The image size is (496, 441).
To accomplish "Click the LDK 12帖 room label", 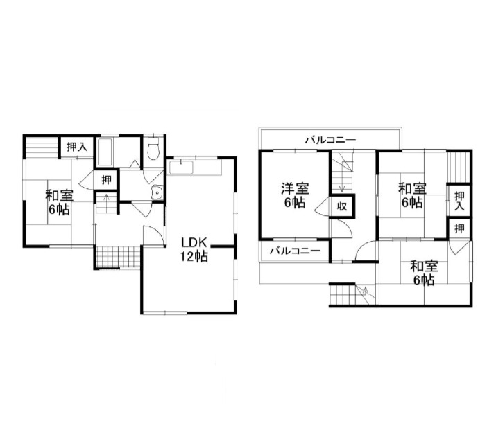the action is point(194,249).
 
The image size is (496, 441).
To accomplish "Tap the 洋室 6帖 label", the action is point(295,195).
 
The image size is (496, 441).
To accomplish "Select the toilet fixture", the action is point(154,148).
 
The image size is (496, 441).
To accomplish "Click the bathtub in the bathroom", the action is point(105,152).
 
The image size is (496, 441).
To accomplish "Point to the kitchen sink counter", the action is point(195,167).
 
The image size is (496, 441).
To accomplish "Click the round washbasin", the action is point(157,192).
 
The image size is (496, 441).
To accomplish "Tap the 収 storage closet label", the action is point(341,206).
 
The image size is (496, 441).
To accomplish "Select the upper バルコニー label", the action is point(331,140).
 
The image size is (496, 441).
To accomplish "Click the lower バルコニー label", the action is point(295,251).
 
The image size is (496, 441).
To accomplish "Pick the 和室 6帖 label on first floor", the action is point(59,202).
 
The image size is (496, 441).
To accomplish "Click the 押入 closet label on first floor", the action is point(77,147).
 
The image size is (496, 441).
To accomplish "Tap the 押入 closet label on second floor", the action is point(459,201).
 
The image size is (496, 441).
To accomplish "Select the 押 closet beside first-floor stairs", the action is point(107,180).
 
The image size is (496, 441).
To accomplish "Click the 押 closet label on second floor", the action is point(459,228).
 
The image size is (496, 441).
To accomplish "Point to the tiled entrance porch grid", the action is point(118,257).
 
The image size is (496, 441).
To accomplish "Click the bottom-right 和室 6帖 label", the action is point(424,273).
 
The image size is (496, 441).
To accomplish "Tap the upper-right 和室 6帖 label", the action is point(412,195).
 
